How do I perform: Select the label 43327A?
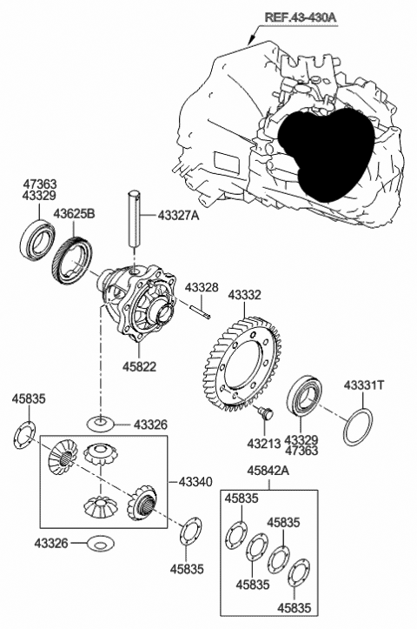[178, 214]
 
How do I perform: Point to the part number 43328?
[201, 287]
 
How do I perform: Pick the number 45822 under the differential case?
[139, 367]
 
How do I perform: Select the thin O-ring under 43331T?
[360, 425]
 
